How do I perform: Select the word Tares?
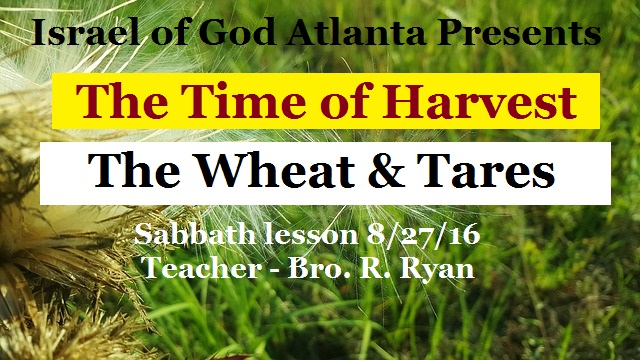tap(479, 173)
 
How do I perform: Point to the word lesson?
tap(304, 236)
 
